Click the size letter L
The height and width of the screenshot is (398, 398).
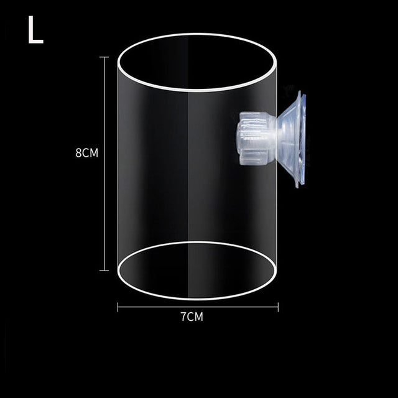coord(35,31)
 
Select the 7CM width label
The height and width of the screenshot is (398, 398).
coord(192,317)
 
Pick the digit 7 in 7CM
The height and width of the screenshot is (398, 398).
coord(183,317)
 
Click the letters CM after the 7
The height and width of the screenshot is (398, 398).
coord(195,317)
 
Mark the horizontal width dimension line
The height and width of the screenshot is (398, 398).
coord(198,305)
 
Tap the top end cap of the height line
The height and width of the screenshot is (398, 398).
coord(104,57)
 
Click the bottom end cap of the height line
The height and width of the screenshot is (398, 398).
coord(104,271)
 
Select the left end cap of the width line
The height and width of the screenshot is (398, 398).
coord(118,305)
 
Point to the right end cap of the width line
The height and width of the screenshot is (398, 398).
coord(278,305)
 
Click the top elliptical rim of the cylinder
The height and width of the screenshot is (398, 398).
coord(198,35)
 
